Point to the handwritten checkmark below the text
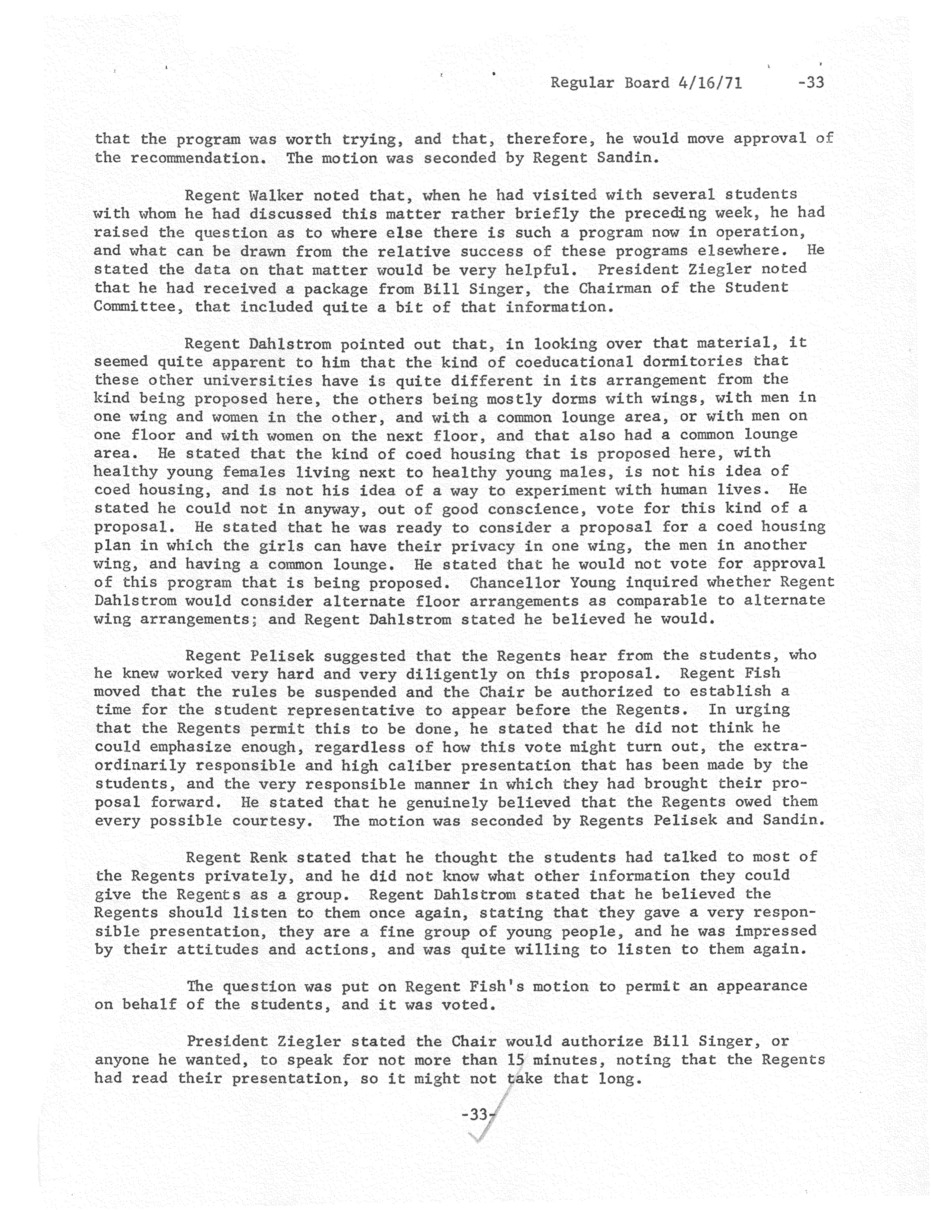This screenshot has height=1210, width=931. click(483, 1133)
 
